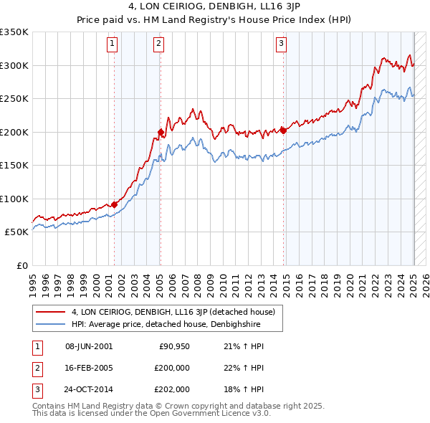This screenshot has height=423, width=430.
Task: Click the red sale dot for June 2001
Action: coord(114,204)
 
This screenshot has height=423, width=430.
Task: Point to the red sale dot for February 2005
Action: coord(161,132)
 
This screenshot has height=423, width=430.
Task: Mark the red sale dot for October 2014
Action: coord(284,130)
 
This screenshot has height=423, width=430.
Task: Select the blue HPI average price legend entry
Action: coord(165,324)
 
